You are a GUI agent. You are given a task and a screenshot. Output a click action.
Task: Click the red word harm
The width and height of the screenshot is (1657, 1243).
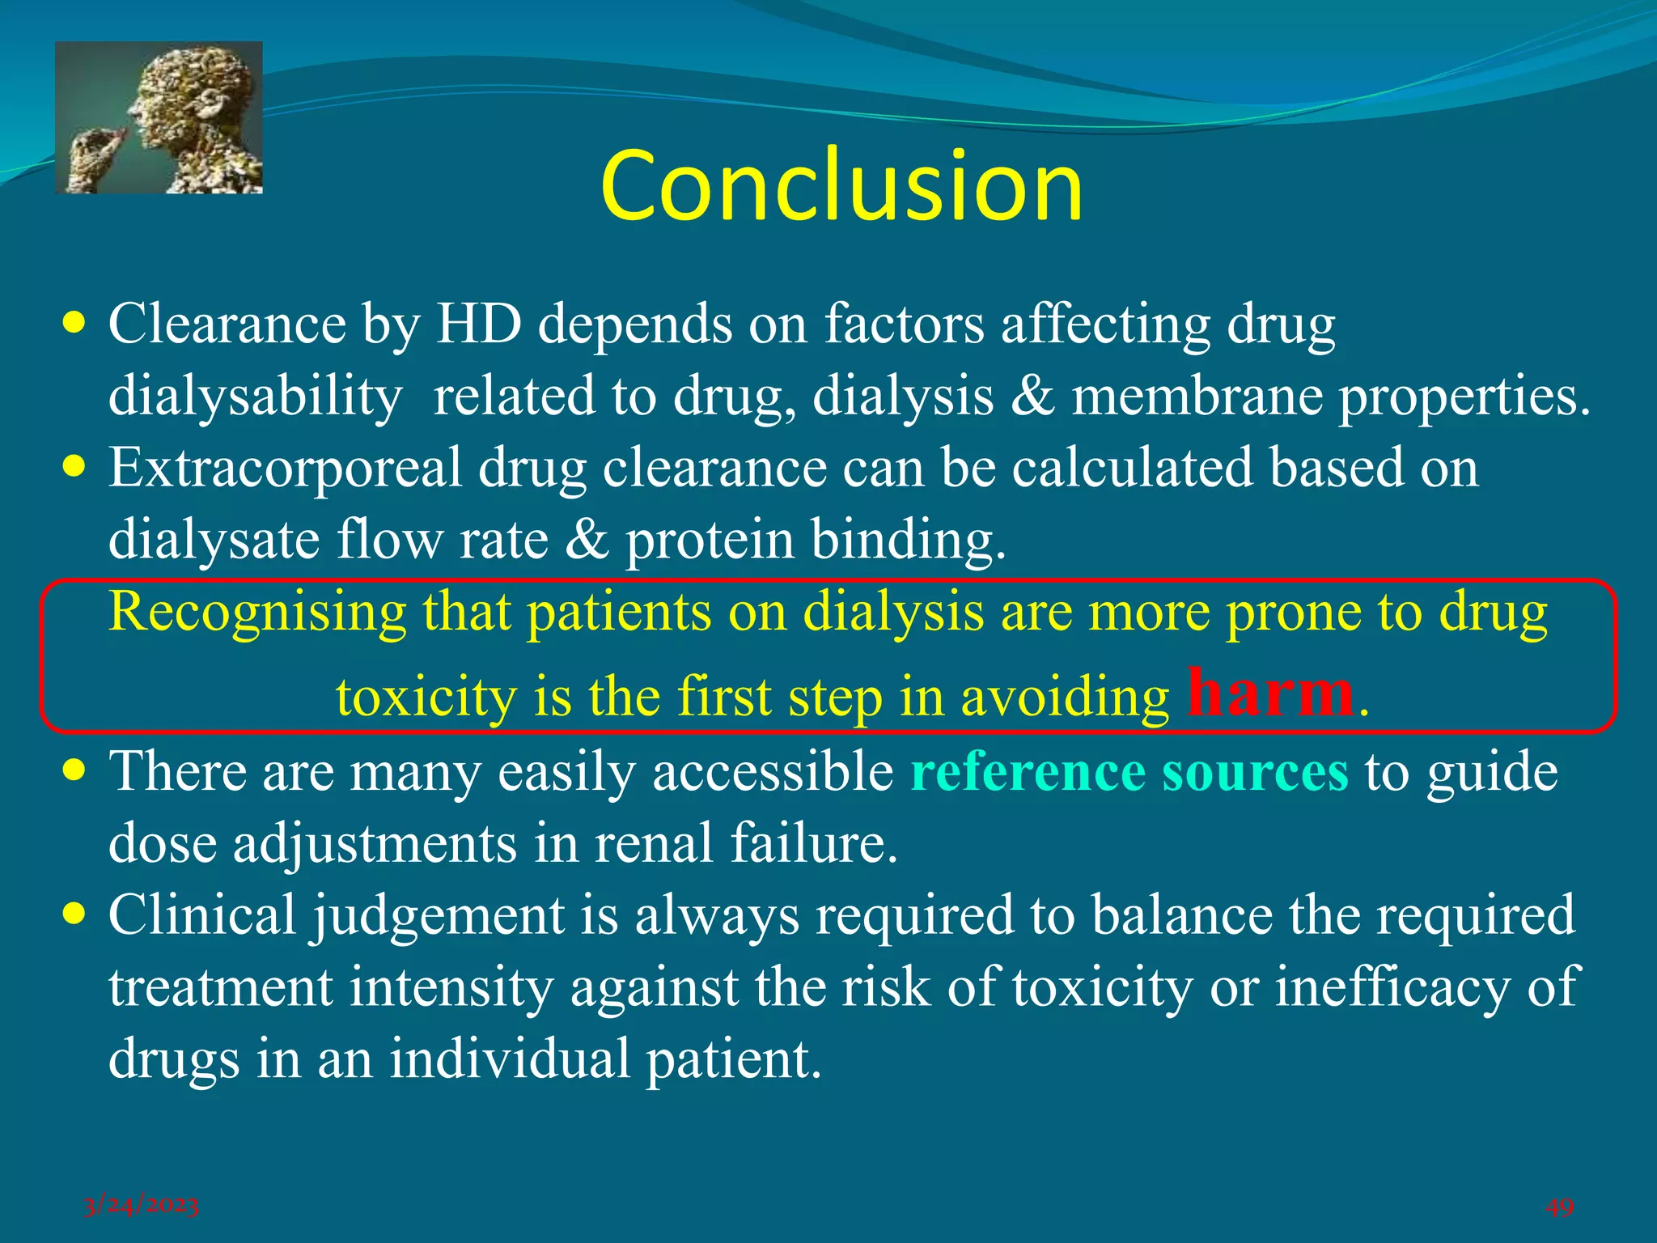click(1269, 693)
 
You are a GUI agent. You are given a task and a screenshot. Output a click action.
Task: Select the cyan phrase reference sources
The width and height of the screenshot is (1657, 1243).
click(1129, 771)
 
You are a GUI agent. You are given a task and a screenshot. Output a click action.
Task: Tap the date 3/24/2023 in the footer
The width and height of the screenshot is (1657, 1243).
click(141, 1206)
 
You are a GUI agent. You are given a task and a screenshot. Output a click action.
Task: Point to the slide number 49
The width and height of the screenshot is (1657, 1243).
click(1559, 1207)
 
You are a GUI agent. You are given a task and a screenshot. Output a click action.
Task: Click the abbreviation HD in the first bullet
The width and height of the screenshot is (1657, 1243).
click(479, 325)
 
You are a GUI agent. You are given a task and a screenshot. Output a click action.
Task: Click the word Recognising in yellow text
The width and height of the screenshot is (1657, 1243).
click(257, 612)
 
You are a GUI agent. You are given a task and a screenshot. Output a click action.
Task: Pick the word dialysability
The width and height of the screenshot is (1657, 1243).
click(255, 397)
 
